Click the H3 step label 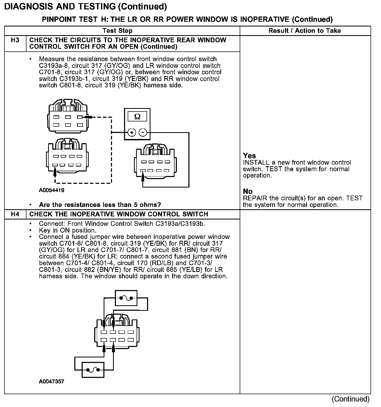click(x=15, y=40)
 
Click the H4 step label click(x=15, y=214)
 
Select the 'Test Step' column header click(x=117, y=31)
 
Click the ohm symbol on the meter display click(x=137, y=117)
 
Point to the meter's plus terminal click(x=132, y=132)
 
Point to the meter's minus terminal click(x=143, y=132)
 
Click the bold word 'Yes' click(x=249, y=156)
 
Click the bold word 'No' click(x=248, y=191)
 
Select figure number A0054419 click(x=52, y=190)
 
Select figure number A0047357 click(x=52, y=382)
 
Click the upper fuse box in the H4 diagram click(x=126, y=298)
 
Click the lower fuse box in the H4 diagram click(x=93, y=370)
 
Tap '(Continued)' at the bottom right click(x=350, y=399)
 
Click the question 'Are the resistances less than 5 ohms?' click(x=100, y=205)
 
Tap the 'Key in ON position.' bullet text click(x=68, y=231)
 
